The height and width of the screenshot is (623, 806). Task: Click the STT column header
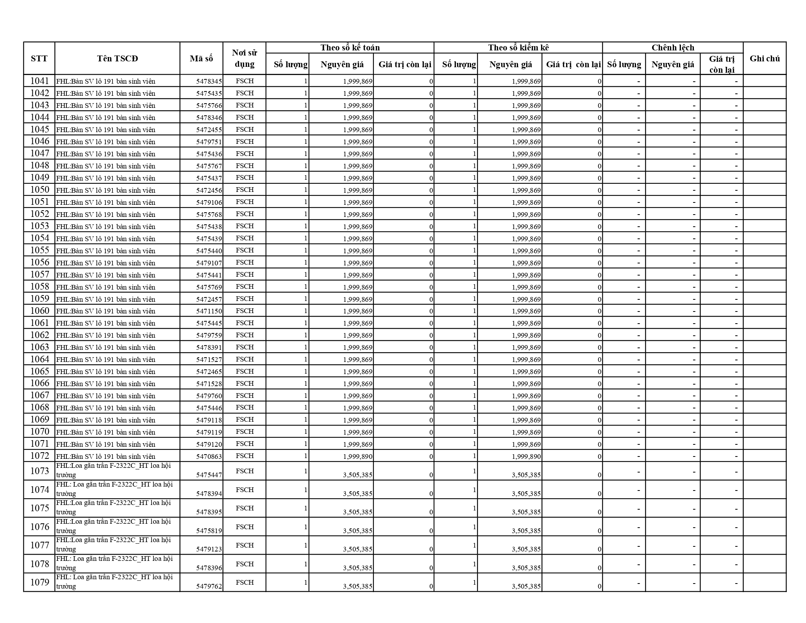point(39,59)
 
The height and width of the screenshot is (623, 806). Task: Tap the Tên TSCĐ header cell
point(117,59)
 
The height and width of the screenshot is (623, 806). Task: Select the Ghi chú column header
point(765,59)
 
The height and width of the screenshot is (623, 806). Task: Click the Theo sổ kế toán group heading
point(350,48)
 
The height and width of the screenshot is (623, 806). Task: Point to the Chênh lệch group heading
point(672,48)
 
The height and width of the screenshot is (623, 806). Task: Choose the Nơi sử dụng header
point(244,59)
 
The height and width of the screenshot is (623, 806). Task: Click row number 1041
point(39,81)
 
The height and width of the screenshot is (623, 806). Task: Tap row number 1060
point(39,311)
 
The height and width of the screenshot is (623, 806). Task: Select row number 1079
point(39,582)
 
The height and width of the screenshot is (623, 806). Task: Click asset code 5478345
point(209,82)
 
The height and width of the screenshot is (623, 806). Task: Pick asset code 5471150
point(209,311)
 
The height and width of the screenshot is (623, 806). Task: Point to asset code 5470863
point(209,456)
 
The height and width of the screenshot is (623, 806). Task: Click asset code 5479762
point(209,586)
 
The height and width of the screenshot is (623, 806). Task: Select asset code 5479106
point(209,202)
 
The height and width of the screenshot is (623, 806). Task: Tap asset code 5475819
point(209,531)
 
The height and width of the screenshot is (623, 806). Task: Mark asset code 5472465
point(209,372)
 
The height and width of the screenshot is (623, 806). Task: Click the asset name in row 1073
point(113,470)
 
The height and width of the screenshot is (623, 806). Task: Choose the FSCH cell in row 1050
point(245,190)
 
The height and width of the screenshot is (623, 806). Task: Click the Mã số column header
point(201,59)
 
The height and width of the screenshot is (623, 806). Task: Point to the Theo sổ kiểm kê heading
point(518,48)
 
